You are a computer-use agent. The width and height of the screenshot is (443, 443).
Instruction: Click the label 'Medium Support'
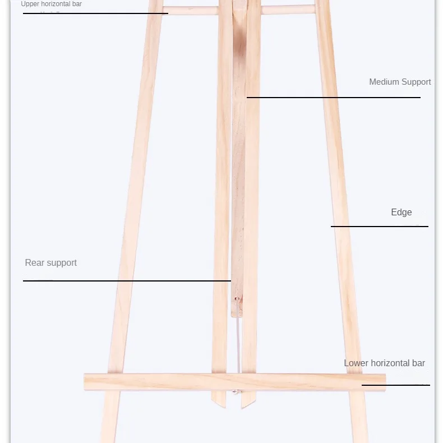(400, 82)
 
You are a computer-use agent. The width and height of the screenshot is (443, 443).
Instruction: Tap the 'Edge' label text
(402, 213)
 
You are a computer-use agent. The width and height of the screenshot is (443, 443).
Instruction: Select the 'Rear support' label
(50, 263)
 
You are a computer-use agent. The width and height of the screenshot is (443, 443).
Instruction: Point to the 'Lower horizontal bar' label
(384, 363)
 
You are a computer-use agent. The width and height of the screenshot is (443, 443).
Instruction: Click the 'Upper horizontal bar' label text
(51, 4)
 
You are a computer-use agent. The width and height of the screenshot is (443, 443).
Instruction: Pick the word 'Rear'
(35, 263)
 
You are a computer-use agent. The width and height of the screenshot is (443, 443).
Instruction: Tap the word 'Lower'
(356, 363)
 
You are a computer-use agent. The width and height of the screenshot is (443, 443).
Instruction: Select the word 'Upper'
(30, 4)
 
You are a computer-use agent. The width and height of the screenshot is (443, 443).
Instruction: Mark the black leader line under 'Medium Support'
(333, 98)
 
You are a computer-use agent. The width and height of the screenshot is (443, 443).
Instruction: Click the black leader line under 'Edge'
(379, 227)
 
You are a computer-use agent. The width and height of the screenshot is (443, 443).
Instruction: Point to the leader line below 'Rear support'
(127, 280)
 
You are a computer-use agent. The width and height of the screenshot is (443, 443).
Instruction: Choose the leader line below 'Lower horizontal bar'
(395, 385)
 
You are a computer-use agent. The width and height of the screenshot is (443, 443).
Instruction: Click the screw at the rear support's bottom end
(237, 300)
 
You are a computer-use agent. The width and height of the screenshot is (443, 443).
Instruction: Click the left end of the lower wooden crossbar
(87, 382)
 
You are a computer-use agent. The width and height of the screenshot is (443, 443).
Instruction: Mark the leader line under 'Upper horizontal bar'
(95, 13)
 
